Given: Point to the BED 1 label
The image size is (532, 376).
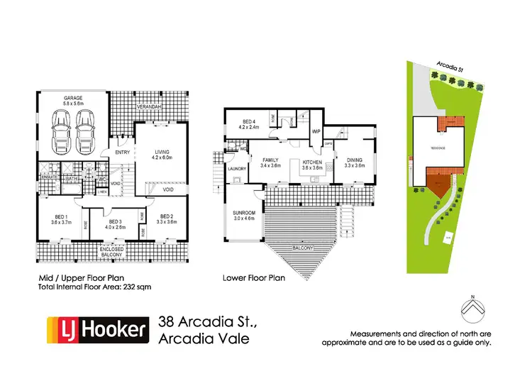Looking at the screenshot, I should [58, 217].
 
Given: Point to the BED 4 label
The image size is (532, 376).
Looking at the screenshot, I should [248, 121].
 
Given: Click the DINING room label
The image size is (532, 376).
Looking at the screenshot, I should [354, 162].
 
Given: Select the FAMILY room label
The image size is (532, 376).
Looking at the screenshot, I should [272, 162].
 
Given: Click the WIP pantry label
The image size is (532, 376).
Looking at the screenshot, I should [316, 131].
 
